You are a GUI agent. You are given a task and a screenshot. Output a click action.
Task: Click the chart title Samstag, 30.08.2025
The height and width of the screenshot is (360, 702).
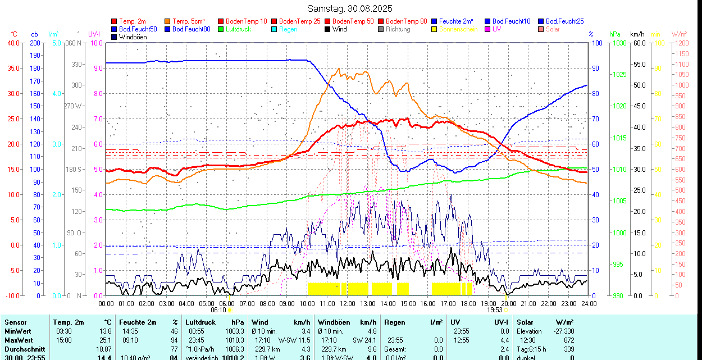pyautogui.click(x=350, y=8)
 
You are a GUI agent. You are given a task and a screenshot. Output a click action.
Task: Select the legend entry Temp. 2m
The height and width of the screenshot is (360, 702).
pyautogui.click(x=132, y=21)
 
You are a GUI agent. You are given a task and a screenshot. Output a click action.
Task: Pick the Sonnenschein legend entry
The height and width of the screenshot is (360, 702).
pyautogui.click(x=458, y=29)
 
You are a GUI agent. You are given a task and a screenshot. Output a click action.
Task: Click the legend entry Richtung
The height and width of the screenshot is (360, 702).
pyautogui.click(x=398, y=29)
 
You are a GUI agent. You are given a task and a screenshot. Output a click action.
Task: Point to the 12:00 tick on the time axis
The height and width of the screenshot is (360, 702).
pyautogui.click(x=347, y=303)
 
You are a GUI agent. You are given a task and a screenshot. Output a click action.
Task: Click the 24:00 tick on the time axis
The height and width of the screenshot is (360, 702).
pyautogui.click(x=589, y=303)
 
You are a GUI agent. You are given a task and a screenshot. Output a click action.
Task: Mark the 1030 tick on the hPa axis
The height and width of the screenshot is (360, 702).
pyautogui.click(x=619, y=43)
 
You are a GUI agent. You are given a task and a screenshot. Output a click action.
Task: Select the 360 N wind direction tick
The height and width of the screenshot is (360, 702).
pyautogui.click(x=75, y=43)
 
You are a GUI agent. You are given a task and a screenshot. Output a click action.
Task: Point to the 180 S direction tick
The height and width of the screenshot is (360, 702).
pyautogui.click(x=75, y=169)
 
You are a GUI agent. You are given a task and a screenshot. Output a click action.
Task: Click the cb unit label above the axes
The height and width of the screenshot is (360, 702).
pyautogui.click(x=35, y=34)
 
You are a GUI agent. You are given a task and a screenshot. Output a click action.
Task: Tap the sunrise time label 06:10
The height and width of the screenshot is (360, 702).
pyautogui.click(x=218, y=309)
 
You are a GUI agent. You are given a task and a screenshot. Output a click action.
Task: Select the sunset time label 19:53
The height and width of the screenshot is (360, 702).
pyautogui.click(x=494, y=309)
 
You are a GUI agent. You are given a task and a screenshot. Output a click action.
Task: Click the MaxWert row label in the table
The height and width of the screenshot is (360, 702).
pyautogui.click(x=19, y=340)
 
